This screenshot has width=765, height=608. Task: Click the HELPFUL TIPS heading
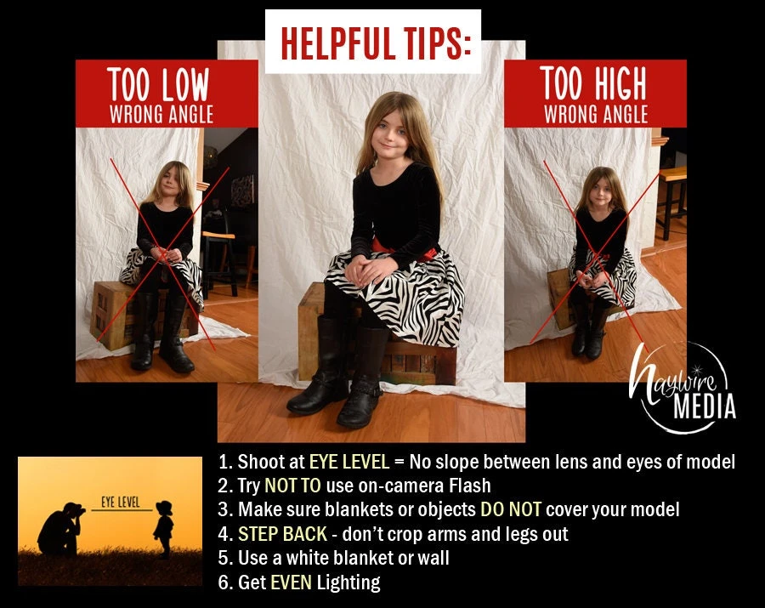click(377, 43)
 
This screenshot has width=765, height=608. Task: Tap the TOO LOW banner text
click(159, 84)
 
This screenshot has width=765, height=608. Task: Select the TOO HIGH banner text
click(593, 83)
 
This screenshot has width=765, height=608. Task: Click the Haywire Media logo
click(683, 388)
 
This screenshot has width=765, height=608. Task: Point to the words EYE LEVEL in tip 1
click(349, 462)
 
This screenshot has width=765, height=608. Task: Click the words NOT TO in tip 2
click(292, 486)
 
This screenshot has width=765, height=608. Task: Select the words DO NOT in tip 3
click(511, 509)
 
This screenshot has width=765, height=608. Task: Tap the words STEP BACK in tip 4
click(282, 534)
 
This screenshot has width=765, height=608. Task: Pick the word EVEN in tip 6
click(291, 582)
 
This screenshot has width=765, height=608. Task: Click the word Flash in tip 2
click(470, 486)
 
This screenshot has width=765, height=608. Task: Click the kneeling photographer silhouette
click(61, 529)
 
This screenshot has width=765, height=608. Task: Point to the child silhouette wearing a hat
click(163, 528)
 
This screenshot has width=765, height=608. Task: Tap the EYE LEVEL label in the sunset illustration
click(121, 502)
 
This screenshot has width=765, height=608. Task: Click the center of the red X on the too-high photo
click(600, 253)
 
